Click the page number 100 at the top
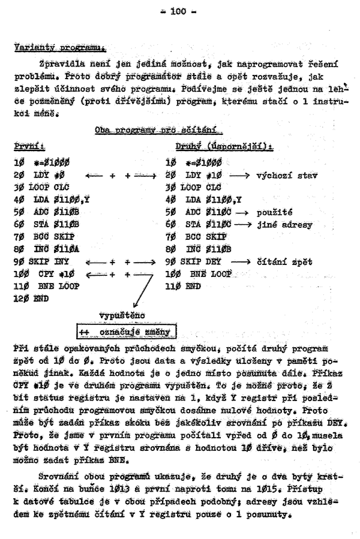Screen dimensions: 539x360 click(x=179, y=10)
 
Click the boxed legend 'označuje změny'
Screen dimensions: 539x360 click(x=125, y=332)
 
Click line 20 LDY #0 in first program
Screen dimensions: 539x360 click(x=35, y=176)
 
